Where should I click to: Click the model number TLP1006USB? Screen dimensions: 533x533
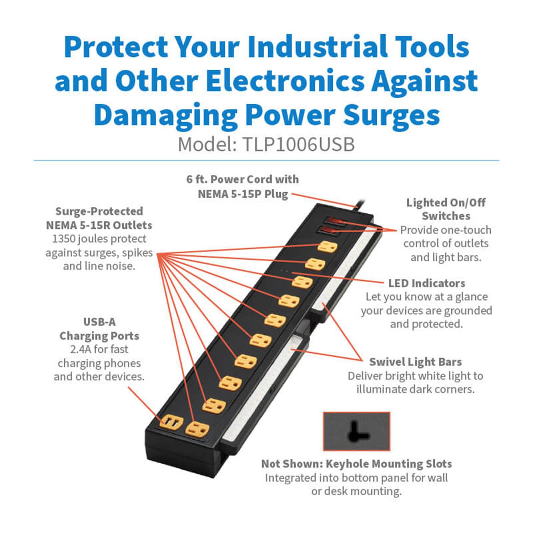pyautogui.click(x=298, y=145)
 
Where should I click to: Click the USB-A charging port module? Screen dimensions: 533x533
pyautogui.click(x=171, y=422)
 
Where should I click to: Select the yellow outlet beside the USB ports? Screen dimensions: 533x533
pyautogui.click(x=196, y=429)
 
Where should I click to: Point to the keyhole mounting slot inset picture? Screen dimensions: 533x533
pyautogui.click(x=356, y=431)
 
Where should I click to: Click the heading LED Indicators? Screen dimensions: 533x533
pyautogui.click(x=426, y=283)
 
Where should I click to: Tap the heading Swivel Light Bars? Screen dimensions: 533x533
pyautogui.click(x=415, y=362)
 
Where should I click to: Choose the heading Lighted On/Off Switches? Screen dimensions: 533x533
pyautogui.click(x=446, y=209)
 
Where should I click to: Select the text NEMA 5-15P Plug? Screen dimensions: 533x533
pyautogui.click(x=243, y=194)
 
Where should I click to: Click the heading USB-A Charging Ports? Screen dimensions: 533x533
pyautogui.click(x=99, y=329)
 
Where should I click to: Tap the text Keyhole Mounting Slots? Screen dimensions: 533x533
pyautogui.click(x=389, y=464)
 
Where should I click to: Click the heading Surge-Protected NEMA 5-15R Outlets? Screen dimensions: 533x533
pyautogui.click(x=99, y=218)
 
